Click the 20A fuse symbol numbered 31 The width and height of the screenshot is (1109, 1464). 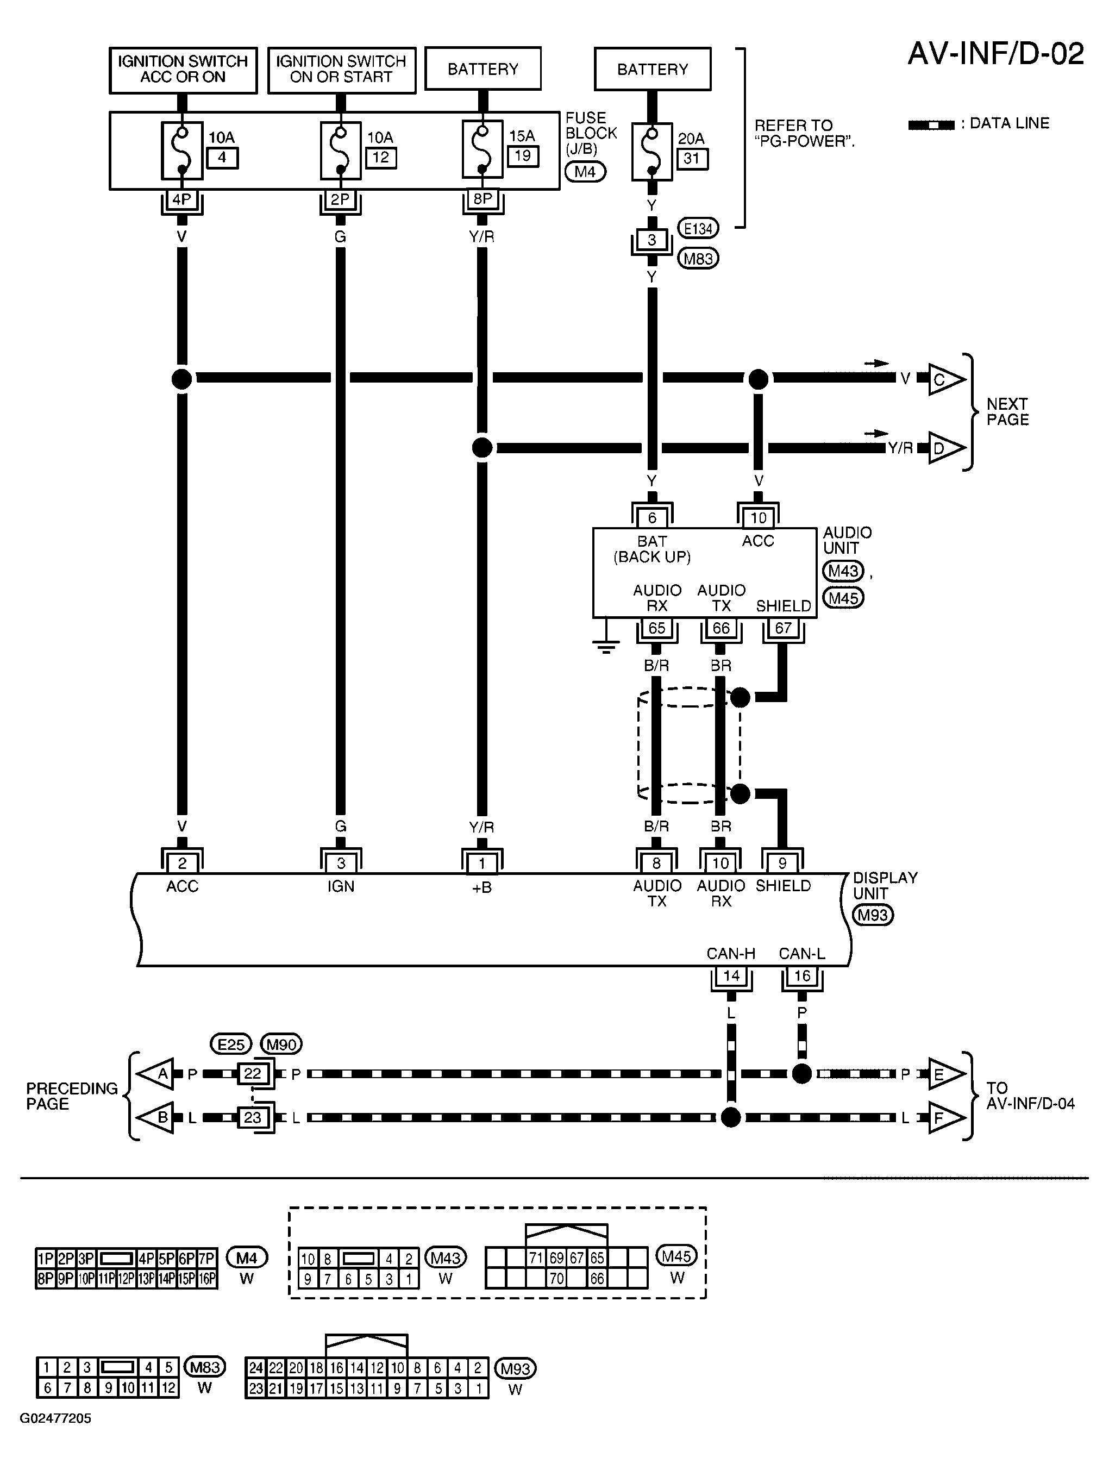(x=652, y=152)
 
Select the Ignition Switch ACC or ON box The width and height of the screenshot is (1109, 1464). (x=183, y=70)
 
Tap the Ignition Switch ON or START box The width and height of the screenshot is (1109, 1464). (x=341, y=70)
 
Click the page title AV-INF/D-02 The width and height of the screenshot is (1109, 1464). (x=996, y=54)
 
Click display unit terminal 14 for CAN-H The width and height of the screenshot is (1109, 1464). (x=731, y=976)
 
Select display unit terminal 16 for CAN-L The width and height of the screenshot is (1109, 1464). (x=802, y=976)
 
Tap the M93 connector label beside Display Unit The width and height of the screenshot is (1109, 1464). (x=873, y=915)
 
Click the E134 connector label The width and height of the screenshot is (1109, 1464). (x=698, y=229)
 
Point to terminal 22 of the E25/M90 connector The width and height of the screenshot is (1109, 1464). (x=253, y=1073)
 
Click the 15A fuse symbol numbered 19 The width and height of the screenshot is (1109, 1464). (x=483, y=150)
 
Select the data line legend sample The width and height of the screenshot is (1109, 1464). (x=931, y=124)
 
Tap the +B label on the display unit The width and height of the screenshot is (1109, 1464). (x=482, y=887)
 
